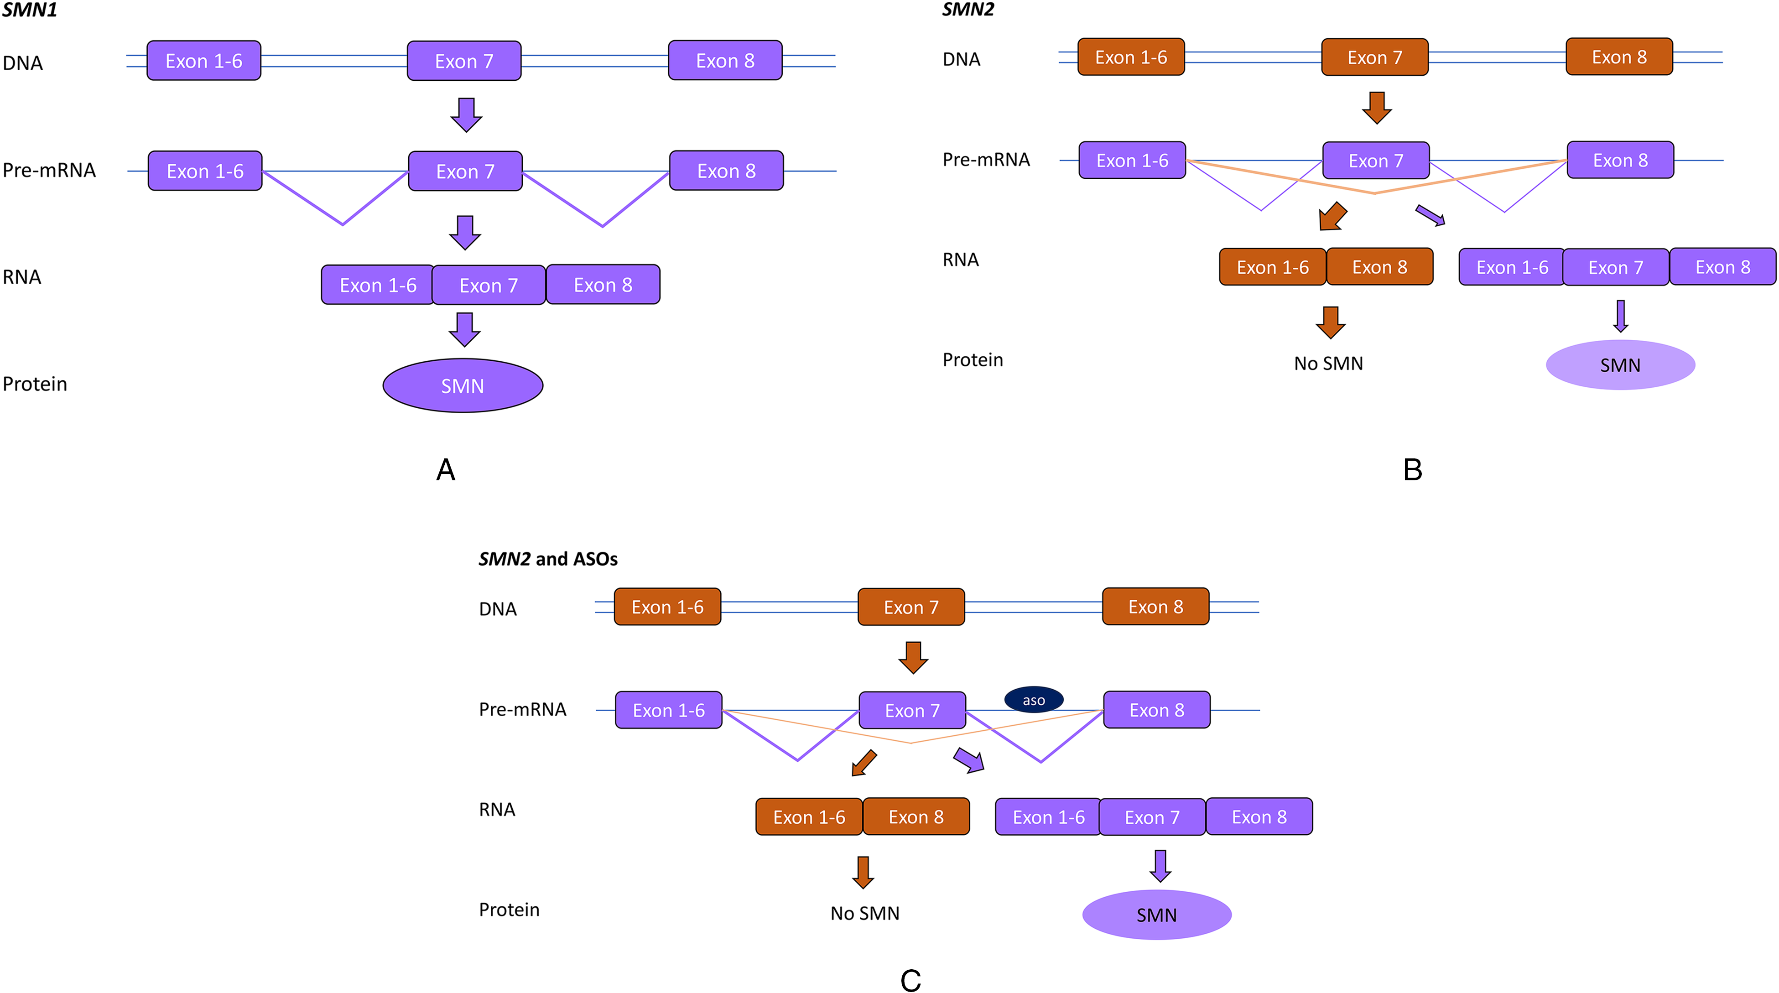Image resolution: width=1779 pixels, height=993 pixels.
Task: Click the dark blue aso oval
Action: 1033,700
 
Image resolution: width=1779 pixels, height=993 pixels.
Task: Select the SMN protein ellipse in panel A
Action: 463,385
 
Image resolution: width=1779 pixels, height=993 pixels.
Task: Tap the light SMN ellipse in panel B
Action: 1620,364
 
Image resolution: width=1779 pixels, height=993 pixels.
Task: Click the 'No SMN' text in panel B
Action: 1328,363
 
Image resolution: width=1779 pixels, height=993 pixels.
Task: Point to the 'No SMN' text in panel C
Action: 864,913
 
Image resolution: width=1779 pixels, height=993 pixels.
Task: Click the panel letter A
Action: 446,469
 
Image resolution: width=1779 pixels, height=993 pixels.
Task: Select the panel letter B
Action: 1412,469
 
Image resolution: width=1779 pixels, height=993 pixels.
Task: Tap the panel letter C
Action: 910,980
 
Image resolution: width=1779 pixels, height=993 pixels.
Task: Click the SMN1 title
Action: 30,10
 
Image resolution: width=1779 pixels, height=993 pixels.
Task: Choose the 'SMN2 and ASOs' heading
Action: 548,559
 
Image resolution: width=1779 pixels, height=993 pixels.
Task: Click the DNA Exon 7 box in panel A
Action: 464,61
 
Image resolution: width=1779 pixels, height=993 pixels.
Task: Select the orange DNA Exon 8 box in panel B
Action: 1619,57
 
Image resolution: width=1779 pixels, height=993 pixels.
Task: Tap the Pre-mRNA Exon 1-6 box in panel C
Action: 669,710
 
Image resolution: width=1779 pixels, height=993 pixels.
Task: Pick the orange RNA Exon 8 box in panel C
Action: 916,817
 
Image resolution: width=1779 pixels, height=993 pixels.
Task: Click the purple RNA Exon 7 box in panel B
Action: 1615,267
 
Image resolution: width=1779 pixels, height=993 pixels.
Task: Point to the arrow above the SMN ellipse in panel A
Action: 465,329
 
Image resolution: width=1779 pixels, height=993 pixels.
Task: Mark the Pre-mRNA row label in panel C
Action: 523,709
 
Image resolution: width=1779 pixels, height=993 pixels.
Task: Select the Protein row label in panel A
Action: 35,384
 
